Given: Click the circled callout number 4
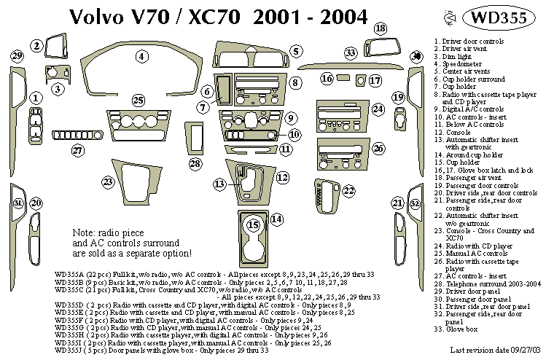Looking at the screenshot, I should (x=141, y=56).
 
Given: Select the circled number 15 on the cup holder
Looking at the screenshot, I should (x=254, y=224).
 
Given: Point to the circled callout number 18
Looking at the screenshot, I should (x=380, y=28).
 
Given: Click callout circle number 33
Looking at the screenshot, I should (x=351, y=52).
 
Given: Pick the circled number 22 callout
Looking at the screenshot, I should (x=349, y=191).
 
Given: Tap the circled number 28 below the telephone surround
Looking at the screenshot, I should (x=195, y=163).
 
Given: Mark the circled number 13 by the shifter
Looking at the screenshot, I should (x=219, y=184).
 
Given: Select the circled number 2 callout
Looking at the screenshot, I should (x=36, y=46).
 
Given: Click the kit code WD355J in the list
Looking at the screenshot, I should (x=69, y=350).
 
